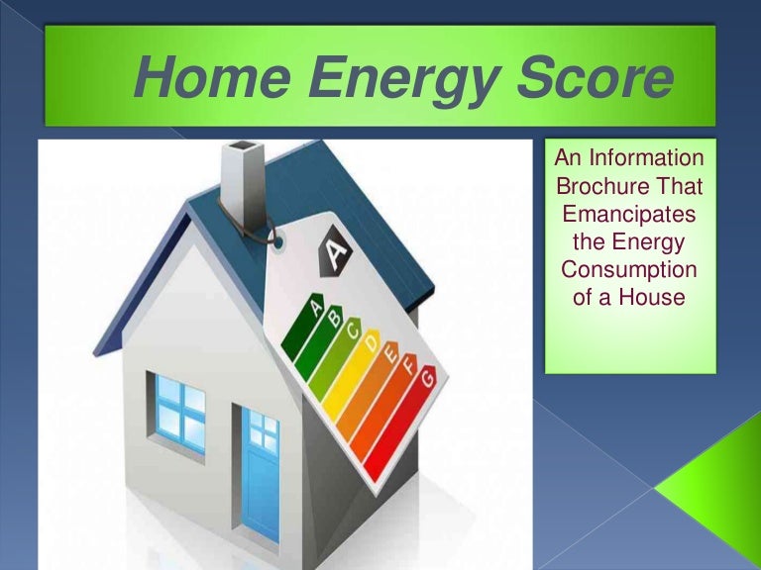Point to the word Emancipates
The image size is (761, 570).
pos(629,214)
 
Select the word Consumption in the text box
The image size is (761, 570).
pos(629,269)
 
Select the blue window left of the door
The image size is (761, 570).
pos(179,412)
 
